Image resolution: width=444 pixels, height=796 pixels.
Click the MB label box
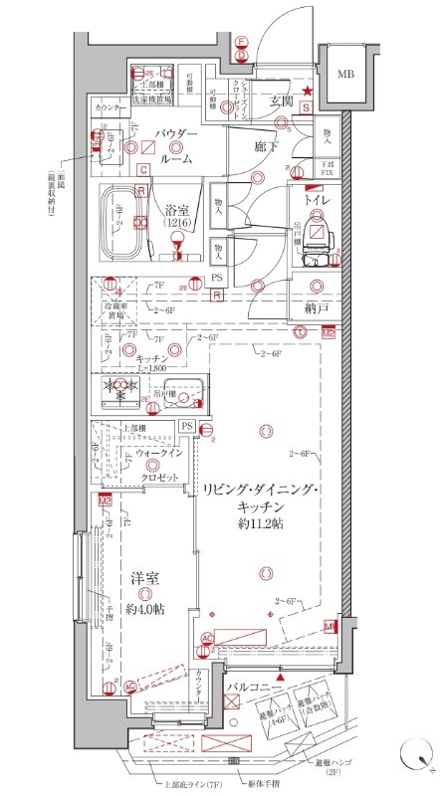(345, 74)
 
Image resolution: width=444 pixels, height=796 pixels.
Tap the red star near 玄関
(309, 93)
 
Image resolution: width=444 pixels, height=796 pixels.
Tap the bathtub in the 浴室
(122, 223)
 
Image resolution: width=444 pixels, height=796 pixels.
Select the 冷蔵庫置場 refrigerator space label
(118, 307)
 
